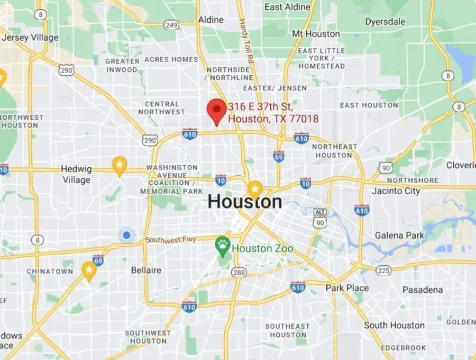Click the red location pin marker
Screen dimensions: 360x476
[x=216, y=110]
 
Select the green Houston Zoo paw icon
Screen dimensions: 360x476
[x=223, y=245]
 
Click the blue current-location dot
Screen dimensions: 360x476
[x=126, y=235]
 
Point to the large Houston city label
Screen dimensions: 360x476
[x=244, y=202]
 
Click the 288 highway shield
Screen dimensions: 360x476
[x=239, y=272]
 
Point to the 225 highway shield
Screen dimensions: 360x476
[x=383, y=271]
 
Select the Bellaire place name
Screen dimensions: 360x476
[x=146, y=271]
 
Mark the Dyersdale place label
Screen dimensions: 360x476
[x=385, y=22]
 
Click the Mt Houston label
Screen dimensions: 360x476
[x=316, y=34]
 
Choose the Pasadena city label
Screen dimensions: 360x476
[x=423, y=290]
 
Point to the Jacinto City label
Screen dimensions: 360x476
[x=396, y=191]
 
